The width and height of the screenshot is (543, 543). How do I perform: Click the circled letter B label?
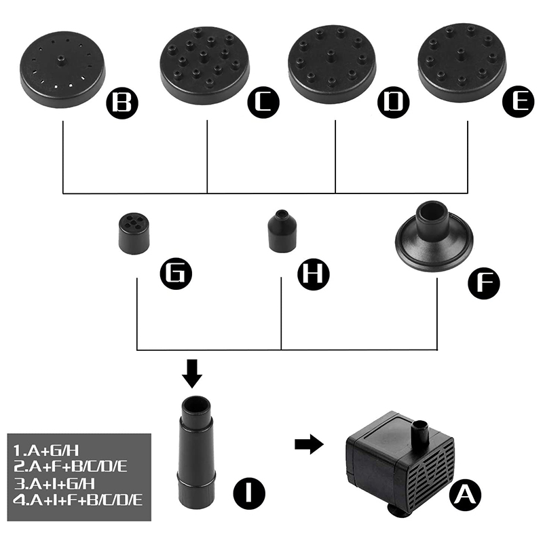click(x=122, y=103)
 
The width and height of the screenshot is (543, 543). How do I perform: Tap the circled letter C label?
click(x=263, y=102)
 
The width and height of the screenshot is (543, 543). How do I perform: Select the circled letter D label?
click(x=394, y=102)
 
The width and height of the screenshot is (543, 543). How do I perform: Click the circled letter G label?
click(x=176, y=274)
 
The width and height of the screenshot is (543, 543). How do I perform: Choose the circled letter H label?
click(x=314, y=274)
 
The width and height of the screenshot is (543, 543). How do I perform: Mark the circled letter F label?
click(x=484, y=283)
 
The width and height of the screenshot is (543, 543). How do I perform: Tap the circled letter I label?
click(x=249, y=493)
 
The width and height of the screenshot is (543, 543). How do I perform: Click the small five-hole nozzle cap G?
click(x=134, y=233)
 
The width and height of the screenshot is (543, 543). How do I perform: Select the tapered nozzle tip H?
click(x=282, y=231)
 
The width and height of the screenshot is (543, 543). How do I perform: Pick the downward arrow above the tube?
click(x=192, y=373)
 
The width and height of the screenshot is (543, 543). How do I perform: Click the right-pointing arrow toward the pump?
click(x=309, y=444)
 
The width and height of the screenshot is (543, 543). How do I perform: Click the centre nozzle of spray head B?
click(x=61, y=61)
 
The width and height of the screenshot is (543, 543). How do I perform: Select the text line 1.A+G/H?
click(x=46, y=451)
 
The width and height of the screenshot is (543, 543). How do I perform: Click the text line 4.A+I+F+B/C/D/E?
click(x=78, y=500)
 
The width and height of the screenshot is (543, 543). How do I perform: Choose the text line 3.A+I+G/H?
click(x=54, y=484)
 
